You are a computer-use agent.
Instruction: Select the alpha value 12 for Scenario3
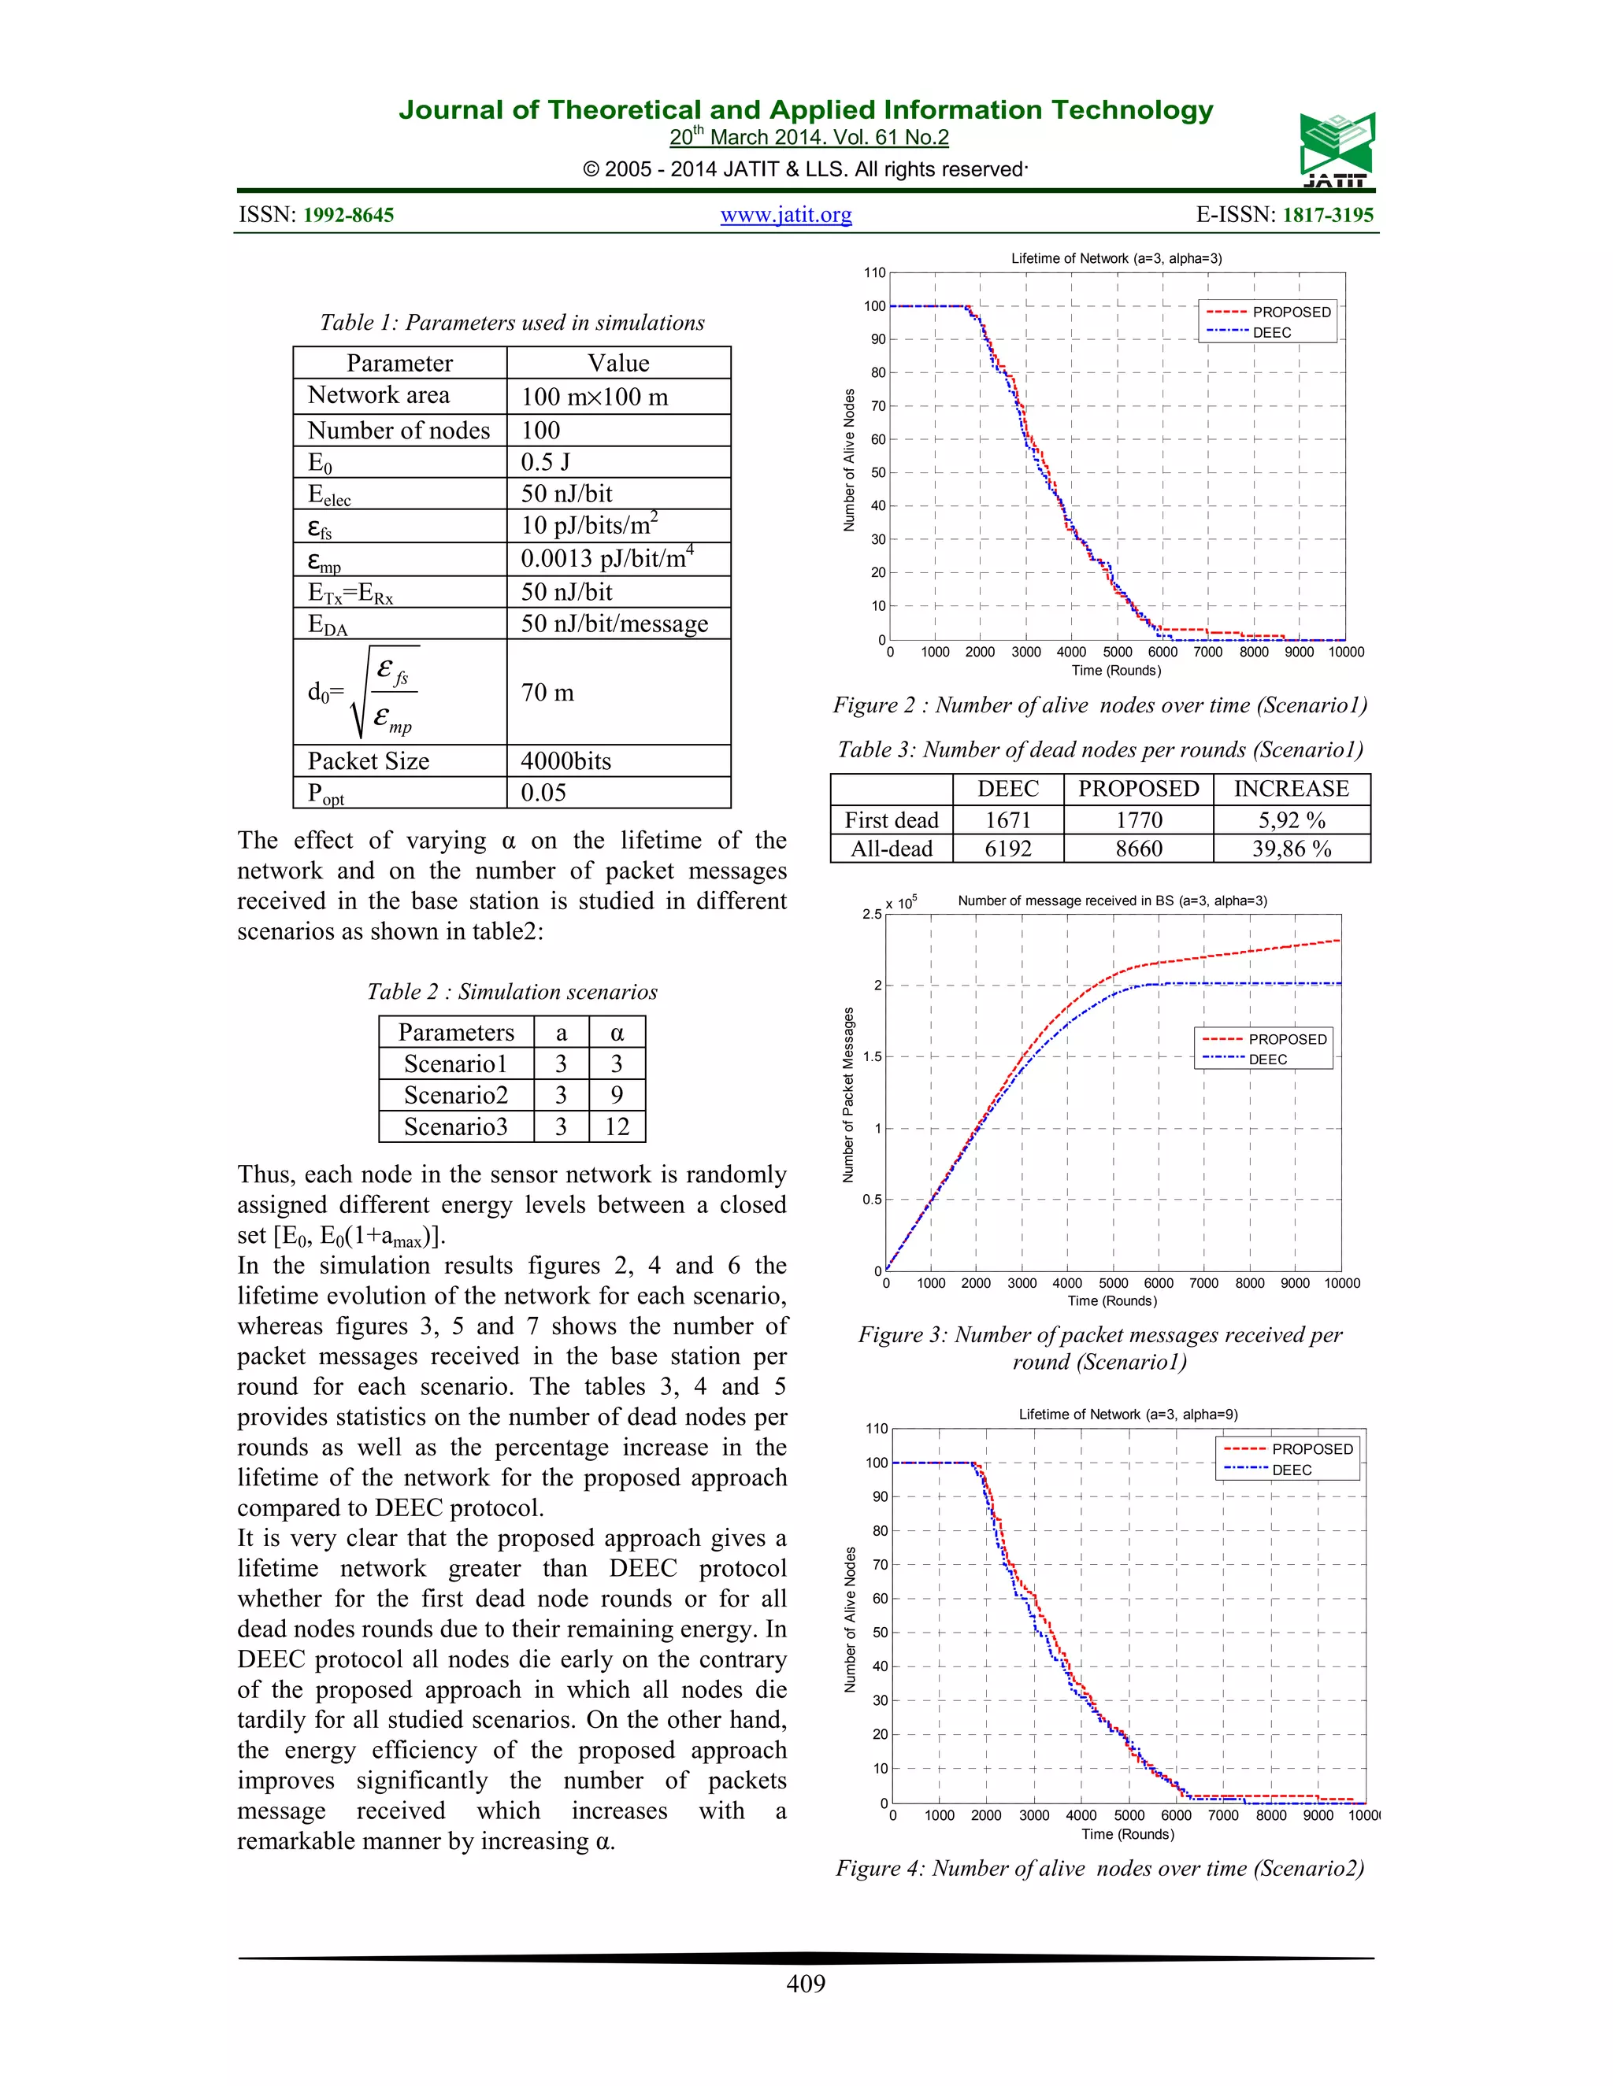617,1127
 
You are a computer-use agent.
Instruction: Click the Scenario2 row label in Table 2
456,1096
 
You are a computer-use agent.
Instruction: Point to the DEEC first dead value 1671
1008,820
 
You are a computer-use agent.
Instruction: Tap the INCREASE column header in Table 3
1291,789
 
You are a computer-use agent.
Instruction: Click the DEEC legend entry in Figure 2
1271,332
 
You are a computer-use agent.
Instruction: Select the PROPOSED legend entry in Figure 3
1286,1039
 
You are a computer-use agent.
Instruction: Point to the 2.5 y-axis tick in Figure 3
872,915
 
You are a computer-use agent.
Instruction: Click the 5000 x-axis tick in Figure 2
1117,653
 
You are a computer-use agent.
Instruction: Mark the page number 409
806,1984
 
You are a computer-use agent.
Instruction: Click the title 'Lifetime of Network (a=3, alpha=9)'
1128,1415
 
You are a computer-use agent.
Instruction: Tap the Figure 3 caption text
1099,1348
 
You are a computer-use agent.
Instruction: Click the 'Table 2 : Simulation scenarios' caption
512,991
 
